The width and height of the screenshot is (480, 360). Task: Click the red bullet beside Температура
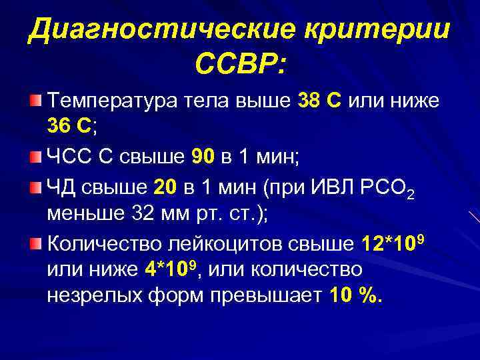click(35, 101)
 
